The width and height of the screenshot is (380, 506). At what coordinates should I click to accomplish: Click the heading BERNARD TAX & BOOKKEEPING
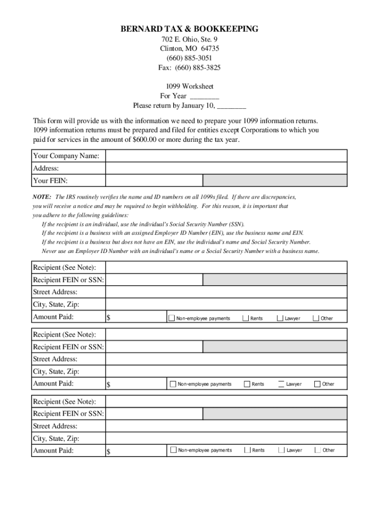coord(190,29)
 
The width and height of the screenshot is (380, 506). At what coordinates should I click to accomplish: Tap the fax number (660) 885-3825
coord(190,67)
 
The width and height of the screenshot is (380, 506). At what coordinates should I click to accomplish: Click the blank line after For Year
coord(204,96)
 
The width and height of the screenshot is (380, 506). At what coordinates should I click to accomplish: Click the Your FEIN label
coord(50,181)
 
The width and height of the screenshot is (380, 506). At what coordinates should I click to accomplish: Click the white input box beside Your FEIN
coord(153,181)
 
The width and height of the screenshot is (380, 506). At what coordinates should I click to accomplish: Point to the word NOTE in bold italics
coord(42,197)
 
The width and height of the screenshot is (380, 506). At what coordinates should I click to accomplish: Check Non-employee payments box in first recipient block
coord(172,318)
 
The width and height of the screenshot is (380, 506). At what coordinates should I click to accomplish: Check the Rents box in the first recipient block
coord(245,318)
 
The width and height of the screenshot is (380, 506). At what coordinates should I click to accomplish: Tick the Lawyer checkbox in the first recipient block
coord(280,318)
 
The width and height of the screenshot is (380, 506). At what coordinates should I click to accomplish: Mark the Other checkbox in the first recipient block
coord(316,318)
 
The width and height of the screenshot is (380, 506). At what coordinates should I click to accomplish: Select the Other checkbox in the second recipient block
coord(318,384)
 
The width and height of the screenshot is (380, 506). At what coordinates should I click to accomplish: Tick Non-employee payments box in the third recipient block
coord(173,450)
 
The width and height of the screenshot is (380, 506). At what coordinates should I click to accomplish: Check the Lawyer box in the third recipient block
coord(282,450)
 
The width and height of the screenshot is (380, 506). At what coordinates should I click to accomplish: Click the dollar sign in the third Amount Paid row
coord(109,452)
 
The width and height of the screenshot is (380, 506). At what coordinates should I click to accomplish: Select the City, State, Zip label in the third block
coord(56,438)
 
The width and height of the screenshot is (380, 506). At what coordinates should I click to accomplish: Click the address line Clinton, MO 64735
coord(190,48)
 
